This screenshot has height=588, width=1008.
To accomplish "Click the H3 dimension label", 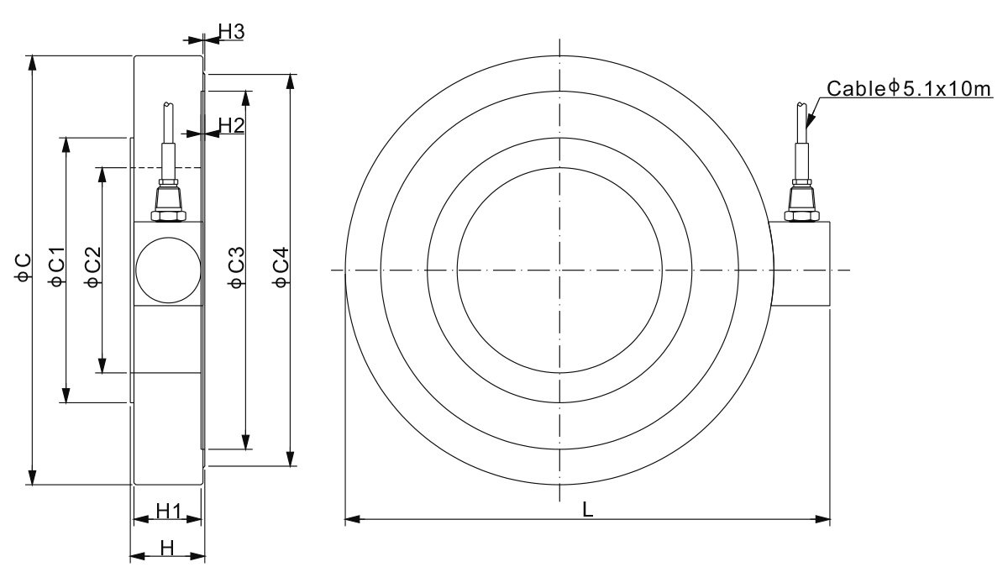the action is point(231,31).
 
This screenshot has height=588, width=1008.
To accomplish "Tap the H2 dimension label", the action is point(231,125).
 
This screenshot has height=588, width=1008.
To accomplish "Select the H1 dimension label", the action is point(169,511).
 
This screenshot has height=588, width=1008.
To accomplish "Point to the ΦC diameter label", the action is point(23,268).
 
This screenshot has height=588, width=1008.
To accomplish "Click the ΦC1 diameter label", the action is point(57,266).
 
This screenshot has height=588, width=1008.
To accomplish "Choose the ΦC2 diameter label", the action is point(93,267).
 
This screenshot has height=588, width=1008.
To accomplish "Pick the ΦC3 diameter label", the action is point(237,267).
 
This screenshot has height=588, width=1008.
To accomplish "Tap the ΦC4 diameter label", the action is point(281,267).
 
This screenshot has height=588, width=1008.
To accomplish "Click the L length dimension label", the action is point(588,509).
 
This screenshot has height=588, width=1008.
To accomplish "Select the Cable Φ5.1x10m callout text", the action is point(909,89).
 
